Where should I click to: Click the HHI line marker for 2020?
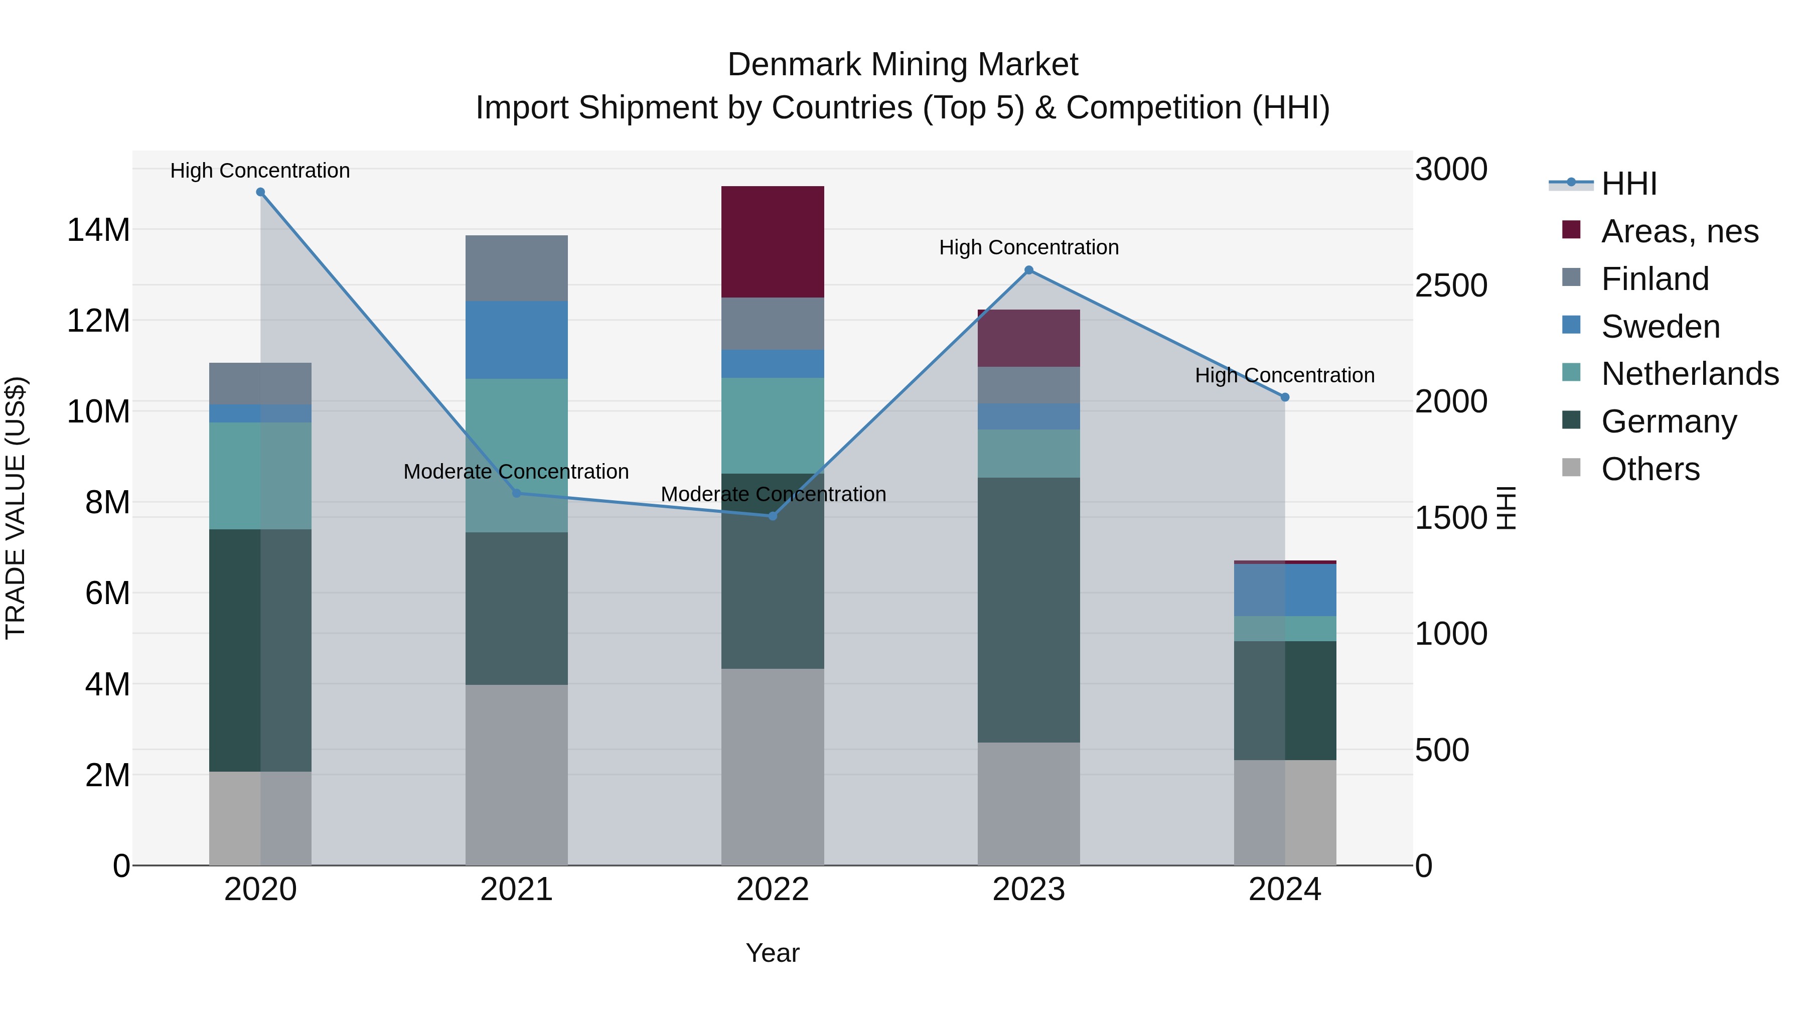click(x=260, y=192)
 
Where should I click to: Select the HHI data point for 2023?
click(x=1028, y=270)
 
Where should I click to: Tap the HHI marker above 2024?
click(x=1284, y=397)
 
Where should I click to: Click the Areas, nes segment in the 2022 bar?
click(x=773, y=242)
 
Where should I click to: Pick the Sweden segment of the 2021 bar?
click(x=517, y=340)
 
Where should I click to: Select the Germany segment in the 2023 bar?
click(x=1028, y=610)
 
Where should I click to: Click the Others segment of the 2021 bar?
click(x=517, y=775)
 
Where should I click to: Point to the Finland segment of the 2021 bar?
click(x=517, y=268)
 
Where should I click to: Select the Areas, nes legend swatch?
click(x=1571, y=230)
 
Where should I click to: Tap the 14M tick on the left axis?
click(x=98, y=230)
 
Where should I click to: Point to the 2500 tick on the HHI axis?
click(x=1450, y=285)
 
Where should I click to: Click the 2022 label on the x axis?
click(x=773, y=890)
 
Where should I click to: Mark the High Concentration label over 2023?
click(x=1028, y=247)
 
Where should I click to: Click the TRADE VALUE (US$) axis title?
click(x=16, y=508)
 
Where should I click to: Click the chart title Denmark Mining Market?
click(x=902, y=65)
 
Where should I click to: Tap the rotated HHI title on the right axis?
click(x=1506, y=508)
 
